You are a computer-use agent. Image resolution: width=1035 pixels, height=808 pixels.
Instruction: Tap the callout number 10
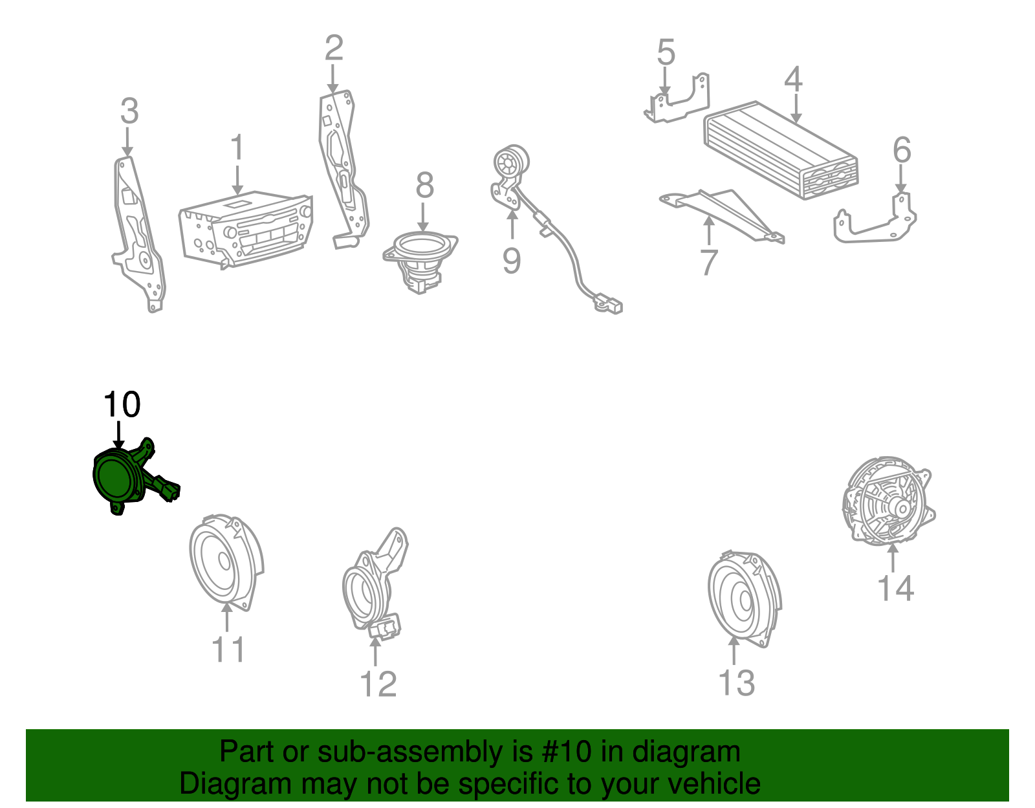122,405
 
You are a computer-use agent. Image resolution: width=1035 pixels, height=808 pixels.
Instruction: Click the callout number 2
334,48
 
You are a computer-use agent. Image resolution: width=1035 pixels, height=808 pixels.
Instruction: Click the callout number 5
666,52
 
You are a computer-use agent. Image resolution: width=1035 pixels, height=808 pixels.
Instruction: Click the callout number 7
709,263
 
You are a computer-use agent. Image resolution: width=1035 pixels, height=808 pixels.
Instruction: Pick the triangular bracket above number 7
722,214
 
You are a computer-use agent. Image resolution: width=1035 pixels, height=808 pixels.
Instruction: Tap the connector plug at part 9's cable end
609,305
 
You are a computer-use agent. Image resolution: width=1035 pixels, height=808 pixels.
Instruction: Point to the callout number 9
512,261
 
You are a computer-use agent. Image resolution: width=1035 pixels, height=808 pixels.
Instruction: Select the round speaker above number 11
226,562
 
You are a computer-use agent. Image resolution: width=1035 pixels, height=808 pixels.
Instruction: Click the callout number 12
378,684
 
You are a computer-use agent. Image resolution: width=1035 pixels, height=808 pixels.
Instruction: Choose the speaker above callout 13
745,599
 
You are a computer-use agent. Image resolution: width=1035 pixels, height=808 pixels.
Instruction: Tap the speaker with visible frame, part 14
889,500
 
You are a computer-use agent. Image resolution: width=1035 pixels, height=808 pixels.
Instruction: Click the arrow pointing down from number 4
796,108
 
